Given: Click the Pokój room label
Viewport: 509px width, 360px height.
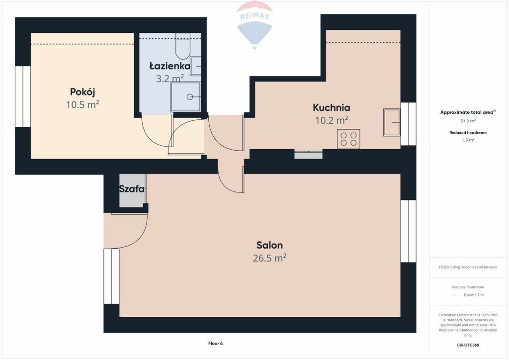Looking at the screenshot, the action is pyautogui.click(x=83, y=92).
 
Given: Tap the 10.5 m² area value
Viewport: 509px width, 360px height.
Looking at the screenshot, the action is pyautogui.click(x=83, y=104).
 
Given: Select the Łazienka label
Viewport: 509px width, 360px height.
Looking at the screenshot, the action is pyautogui.click(x=170, y=66).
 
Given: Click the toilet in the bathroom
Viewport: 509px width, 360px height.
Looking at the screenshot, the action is pyautogui.click(x=182, y=46).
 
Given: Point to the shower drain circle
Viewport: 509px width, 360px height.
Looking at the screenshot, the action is pyautogui.click(x=190, y=97).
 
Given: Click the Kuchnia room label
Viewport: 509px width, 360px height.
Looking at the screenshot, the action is pyautogui.click(x=332, y=107).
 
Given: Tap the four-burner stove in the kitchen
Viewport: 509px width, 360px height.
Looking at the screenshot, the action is pyautogui.click(x=348, y=139).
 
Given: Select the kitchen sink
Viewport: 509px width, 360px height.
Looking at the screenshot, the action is pyautogui.click(x=392, y=122).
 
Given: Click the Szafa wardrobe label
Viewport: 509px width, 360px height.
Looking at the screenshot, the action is pyautogui.click(x=132, y=188).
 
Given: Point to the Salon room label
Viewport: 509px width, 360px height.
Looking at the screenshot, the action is pyautogui.click(x=269, y=245).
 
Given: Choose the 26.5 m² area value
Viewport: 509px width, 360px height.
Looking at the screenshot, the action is pyautogui.click(x=269, y=258).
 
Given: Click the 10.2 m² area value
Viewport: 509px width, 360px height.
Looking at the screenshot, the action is pyautogui.click(x=332, y=120).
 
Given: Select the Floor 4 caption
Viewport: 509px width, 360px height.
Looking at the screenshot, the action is pyautogui.click(x=216, y=344).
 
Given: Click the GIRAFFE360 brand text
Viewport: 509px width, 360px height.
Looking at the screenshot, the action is pyautogui.click(x=468, y=345).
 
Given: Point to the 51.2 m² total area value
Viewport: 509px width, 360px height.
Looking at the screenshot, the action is pyautogui.click(x=468, y=121).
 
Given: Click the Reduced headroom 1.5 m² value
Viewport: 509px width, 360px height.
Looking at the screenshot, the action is pyautogui.click(x=468, y=140).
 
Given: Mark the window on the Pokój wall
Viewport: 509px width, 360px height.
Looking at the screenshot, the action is pyautogui.click(x=23, y=97).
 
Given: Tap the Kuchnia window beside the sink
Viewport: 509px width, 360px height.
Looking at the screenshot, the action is pyautogui.click(x=409, y=124).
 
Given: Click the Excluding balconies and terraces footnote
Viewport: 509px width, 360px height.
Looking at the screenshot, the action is pyautogui.click(x=468, y=267).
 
